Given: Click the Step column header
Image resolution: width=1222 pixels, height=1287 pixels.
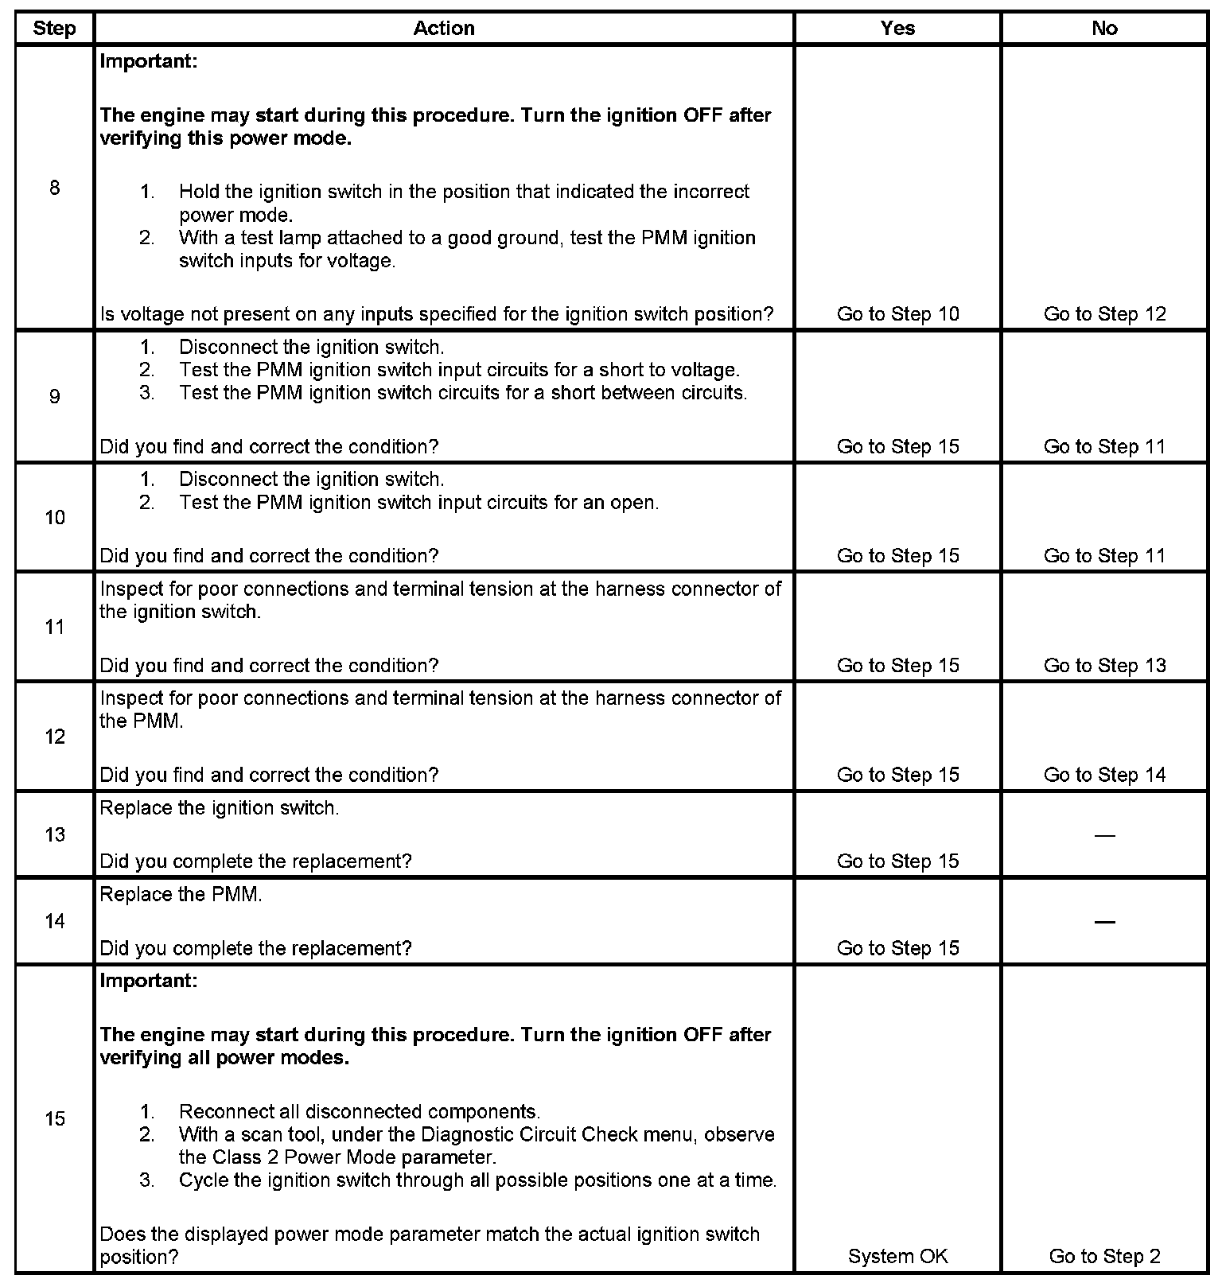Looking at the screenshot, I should (x=54, y=29).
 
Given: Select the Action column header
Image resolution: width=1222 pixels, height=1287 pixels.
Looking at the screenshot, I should (x=444, y=29).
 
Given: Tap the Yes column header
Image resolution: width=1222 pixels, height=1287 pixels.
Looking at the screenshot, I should (x=897, y=29).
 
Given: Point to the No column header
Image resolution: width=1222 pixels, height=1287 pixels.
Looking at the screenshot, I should (x=1104, y=29).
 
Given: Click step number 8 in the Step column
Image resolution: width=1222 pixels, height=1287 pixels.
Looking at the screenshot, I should (x=54, y=189).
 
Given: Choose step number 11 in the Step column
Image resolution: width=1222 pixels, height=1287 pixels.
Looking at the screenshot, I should (x=54, y=628).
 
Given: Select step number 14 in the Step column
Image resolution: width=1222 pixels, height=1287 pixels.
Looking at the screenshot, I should (x=54, y=922).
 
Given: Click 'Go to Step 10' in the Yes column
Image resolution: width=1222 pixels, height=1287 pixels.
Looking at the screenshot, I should (x=897, y=314).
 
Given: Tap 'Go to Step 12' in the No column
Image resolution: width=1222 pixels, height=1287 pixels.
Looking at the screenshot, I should (x=1104, y=314).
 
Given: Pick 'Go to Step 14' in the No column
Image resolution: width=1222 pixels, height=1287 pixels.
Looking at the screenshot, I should (x=1104, y=775).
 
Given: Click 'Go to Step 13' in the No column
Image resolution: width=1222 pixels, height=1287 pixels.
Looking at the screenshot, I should (x=1104, y=666).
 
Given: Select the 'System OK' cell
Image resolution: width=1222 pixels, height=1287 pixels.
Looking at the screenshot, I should (x=897, y=1257).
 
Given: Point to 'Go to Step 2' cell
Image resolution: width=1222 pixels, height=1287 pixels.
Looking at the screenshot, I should (x=1104, y=1257).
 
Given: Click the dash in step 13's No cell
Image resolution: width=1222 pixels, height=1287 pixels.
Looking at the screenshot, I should (x=1104, y=835).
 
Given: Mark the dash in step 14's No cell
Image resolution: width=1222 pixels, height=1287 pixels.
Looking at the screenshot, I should (x=1104, y=922).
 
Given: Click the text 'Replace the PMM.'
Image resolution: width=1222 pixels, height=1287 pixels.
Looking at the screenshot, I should (x=181, y=895).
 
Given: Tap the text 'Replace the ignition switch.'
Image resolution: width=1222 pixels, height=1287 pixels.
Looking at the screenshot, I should (x=220, y=808).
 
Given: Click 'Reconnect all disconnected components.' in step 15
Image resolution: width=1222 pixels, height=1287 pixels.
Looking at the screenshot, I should (x=360, y=1112).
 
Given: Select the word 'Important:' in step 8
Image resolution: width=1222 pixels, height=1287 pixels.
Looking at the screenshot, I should (x=149, y=61).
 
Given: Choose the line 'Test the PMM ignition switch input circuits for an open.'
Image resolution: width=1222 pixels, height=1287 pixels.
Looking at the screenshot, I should (x=418, y=503).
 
